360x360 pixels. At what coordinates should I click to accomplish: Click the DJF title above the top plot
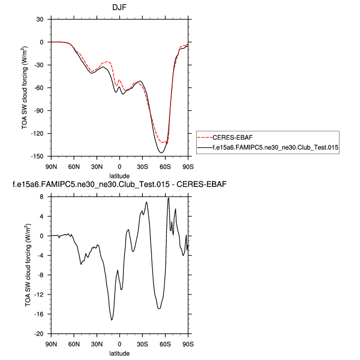coord(119,8)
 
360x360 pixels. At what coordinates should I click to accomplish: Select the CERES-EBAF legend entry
coord(230,137)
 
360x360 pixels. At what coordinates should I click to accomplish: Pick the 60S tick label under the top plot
coord(165,167)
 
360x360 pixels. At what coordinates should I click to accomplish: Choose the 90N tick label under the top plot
coord(51,167)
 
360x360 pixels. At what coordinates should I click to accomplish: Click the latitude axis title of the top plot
coord(119,176)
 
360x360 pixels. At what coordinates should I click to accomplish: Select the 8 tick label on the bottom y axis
coord(44,197)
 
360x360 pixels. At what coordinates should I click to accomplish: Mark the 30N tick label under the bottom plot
coord(97,344)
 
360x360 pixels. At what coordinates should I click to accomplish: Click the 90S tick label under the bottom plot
coord(187,344)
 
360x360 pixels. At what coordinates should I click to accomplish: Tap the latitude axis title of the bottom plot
coord(119,353)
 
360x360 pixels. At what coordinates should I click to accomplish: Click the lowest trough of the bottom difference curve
coord(112,320)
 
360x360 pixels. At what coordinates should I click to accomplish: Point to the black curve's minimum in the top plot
coord(161,153)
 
